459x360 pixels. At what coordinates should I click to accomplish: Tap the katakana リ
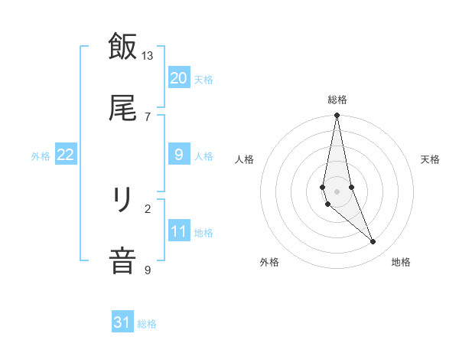(122, 201)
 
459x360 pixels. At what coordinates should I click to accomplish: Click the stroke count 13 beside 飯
(148, 56)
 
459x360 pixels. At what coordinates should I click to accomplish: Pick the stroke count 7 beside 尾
(148, 116)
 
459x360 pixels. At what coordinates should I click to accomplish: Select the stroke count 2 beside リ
(148, 208)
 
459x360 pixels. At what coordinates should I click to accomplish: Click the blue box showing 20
(178, 78)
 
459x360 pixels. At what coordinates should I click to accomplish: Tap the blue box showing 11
(178, 231)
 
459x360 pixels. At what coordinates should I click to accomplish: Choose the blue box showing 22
(65, 155)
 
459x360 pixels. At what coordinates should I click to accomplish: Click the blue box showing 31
(122, 323)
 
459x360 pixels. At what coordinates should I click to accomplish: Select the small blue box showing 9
(178, 155)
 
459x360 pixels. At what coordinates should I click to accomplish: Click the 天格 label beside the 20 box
(203, 79)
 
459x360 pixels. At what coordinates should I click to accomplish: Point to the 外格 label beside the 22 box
(41, 155)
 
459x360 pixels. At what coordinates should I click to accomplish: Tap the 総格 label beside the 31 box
(147, 324)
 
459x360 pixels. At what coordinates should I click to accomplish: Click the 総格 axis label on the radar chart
(337, 100)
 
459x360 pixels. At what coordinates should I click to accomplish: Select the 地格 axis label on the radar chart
(401, 262)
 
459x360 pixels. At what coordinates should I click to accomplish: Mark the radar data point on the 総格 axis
(337, 116)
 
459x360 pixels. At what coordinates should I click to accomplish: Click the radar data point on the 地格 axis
(373, 242)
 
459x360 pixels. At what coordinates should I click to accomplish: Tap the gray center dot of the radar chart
(337, 191)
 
